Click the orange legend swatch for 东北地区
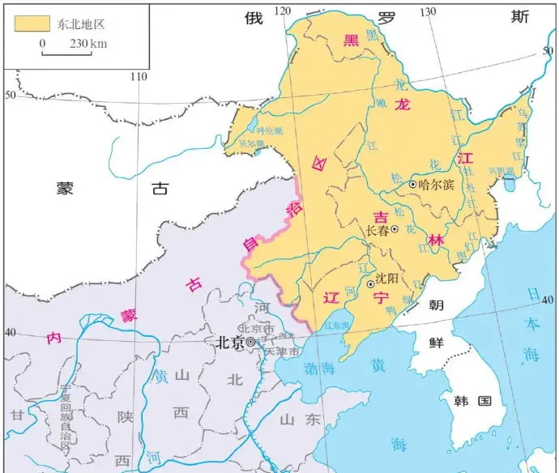tap(29, 23)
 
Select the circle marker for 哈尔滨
tap(413, 185)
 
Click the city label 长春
tap(378, 231)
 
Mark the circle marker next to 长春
tap(395, 230)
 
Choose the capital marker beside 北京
tap(251, 343)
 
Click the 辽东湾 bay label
tap(334, 326)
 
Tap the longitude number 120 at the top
tap(283, 11)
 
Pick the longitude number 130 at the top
tap(427, 11)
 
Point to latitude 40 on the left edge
tap(11, 333)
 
